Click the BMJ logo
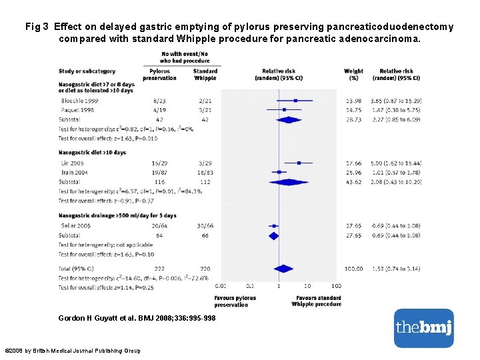click(423, 327)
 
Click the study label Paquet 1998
click(75, 109)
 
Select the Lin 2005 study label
click(71, 163)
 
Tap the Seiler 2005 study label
click(74, 226)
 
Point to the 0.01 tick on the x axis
click(221, 286)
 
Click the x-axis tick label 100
click(336, 286)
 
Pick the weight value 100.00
click(353, 269)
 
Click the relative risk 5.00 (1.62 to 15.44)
click(396, 163)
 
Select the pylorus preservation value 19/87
click(159, 172)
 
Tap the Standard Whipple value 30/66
click(205, 226)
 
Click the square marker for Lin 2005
click(299, 163)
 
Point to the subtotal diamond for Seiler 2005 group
click(273, 235)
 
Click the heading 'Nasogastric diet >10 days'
click(92, 153)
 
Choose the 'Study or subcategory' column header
click(87, 71)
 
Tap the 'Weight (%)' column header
click(354, 74)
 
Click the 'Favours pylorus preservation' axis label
click(235, 301)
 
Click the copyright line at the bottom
click(72, 350)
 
